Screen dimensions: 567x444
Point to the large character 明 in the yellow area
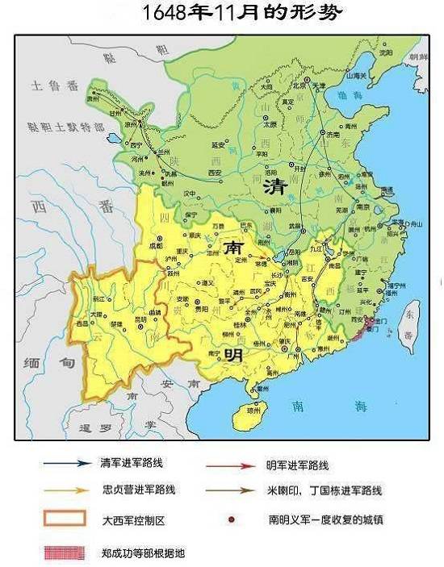coord(234,355)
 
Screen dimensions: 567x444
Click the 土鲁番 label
coord(49,85)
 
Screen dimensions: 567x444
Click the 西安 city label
coord(215,173)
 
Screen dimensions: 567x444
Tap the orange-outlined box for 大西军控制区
coord(64,520)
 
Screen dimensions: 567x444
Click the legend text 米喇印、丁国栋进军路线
coord(324,490)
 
